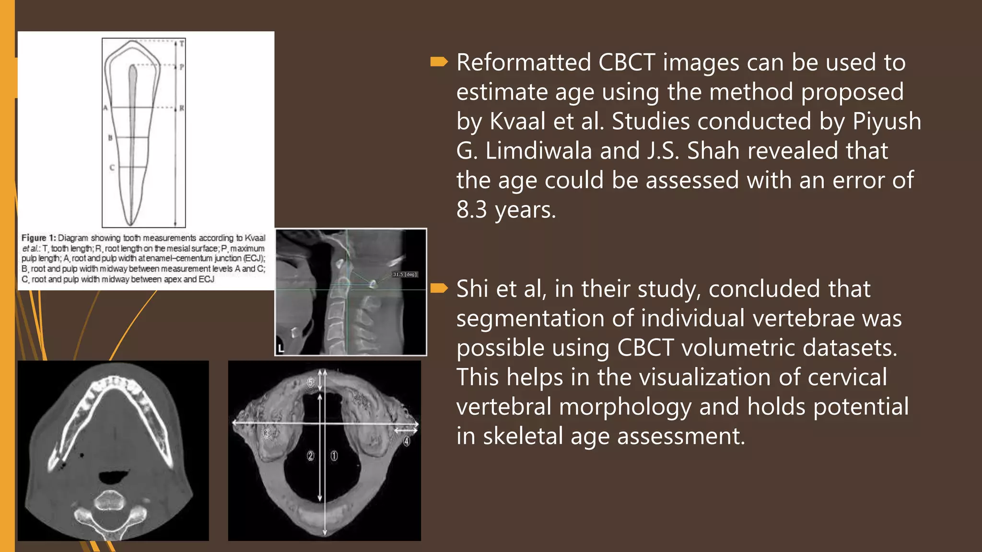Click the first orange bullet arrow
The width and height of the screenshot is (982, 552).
(x=439, y=62)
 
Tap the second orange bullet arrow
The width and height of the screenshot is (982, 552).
(x=439, y=288)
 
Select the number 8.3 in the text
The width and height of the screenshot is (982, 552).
(x=471, y=210)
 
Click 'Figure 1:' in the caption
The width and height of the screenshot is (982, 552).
(x=38, y=238)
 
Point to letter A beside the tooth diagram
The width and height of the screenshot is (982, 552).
(x=105, y=108)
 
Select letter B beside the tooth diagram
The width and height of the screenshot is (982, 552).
(x=110, y=138)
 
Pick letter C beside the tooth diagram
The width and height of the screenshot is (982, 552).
(x=112, y=168)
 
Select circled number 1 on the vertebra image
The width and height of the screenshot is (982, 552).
(x=334, y=456)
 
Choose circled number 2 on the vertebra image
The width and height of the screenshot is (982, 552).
(x=310, y=456)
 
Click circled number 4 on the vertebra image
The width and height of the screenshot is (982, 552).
(x=407, y=441)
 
